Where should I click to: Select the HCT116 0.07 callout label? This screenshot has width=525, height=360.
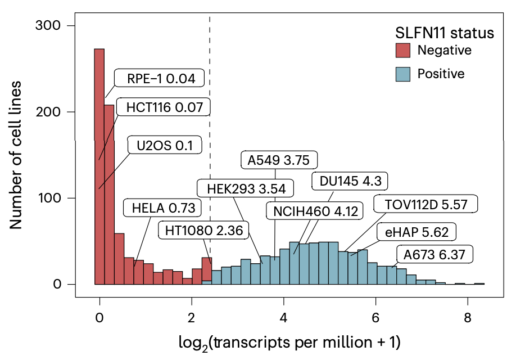click(164, 106)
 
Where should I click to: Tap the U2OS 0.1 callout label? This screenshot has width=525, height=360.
click(165, 146)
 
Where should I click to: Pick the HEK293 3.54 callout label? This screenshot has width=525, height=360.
click(246, 188)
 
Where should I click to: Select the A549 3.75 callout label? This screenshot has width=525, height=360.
click(278, 160)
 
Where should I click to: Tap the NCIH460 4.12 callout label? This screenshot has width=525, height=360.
click(314, 211)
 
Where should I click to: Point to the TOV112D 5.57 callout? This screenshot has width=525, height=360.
click(426, 204)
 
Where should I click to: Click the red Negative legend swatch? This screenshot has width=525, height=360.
click(402, 51)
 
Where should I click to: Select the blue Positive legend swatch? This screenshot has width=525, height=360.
click(402, 74)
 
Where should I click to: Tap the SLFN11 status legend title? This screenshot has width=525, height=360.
click(443, 33)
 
